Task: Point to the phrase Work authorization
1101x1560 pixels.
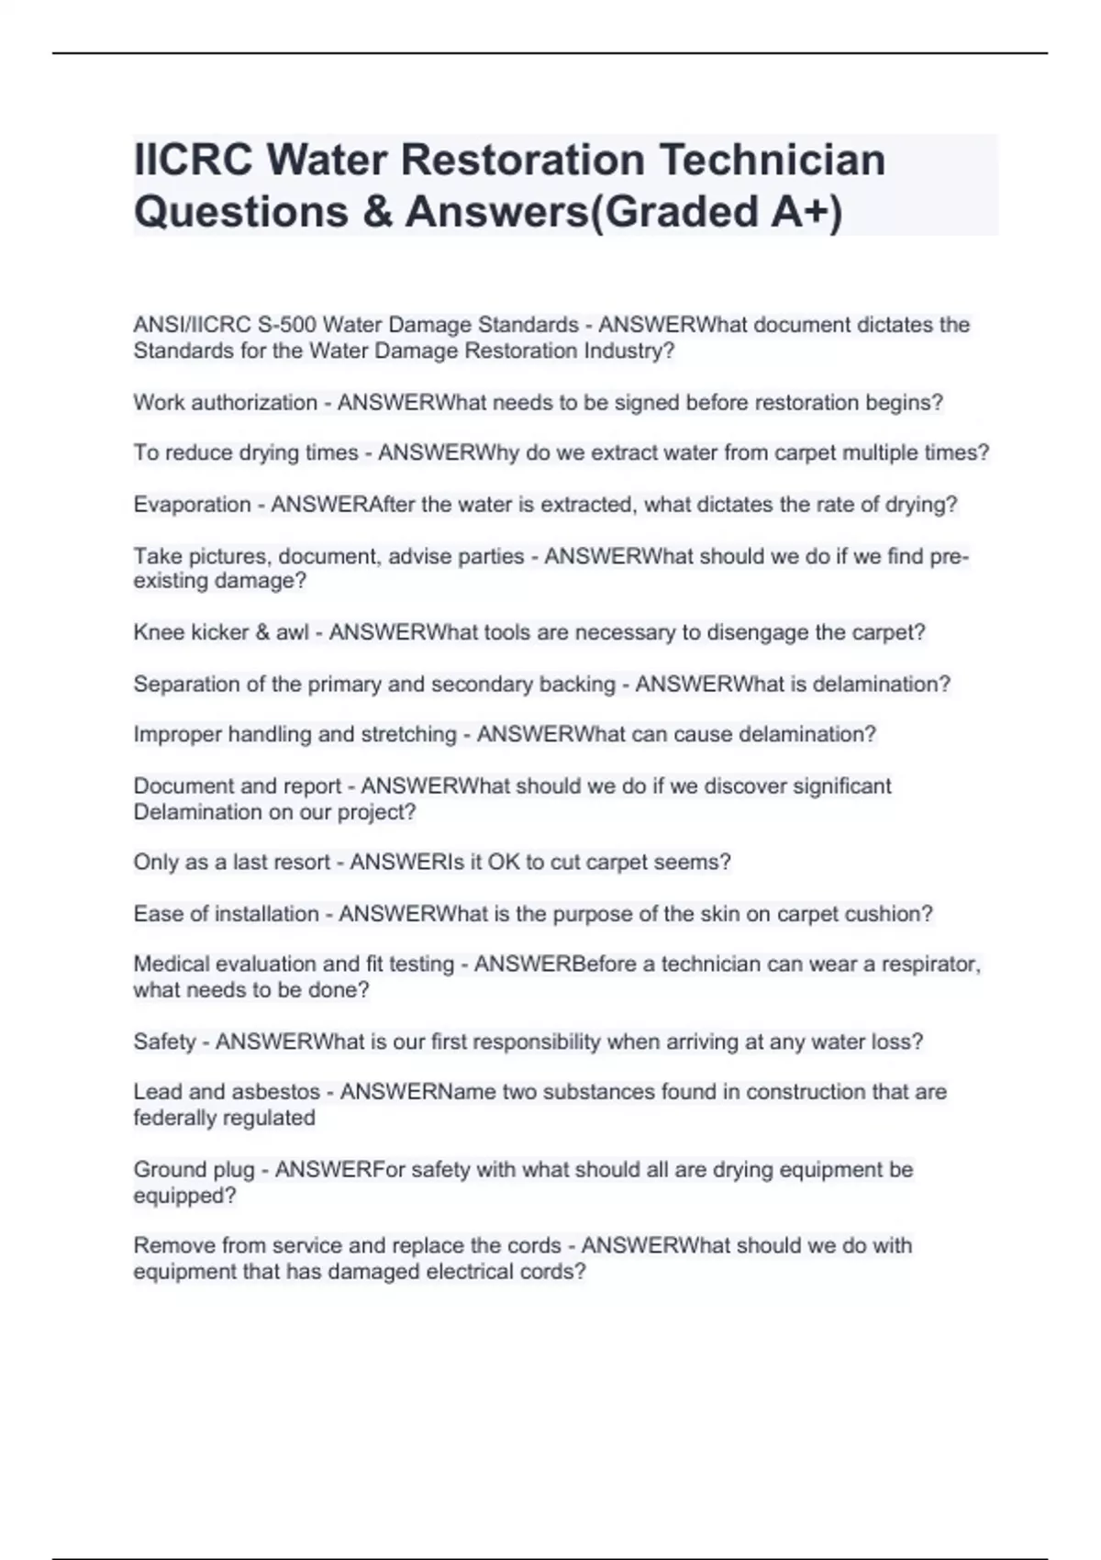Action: tap(225, 403)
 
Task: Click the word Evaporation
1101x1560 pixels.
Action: tap(192, 505)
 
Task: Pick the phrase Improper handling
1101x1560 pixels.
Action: tap(213, 734)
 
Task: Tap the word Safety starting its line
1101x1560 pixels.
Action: tap(164, 1042)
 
